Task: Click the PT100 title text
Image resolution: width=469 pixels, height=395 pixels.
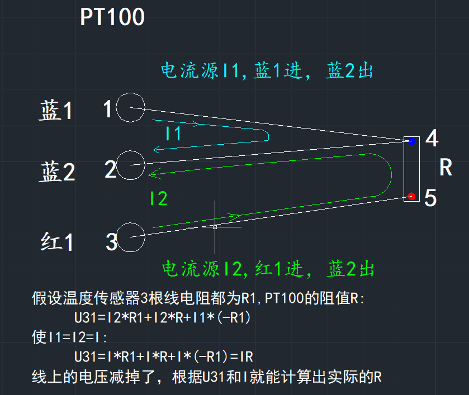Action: coord(112,17)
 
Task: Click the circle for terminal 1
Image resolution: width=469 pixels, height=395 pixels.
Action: coord(131,107)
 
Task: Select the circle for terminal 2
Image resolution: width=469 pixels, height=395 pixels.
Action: coord(131,165)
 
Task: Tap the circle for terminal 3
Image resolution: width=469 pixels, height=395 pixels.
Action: coord(131,237)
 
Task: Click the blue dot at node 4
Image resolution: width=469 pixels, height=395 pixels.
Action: coord(412,141)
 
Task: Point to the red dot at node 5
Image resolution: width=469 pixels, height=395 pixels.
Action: coord(412,196)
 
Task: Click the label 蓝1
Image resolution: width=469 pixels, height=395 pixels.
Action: coord(56,111)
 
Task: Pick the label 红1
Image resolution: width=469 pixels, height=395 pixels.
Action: coord(57,242)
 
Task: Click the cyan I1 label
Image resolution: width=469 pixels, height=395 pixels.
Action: coord(173,134)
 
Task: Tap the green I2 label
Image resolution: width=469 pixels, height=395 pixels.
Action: coord(159,198)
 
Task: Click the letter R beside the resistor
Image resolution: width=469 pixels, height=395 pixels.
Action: coord(446,168)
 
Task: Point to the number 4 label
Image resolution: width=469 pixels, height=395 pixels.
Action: coord(431,139)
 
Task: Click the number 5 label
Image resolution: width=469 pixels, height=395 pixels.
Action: coord(430,198)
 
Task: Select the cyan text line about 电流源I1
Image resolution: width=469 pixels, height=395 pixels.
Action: coord(267,72)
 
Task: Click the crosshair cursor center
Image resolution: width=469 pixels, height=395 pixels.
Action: coord(215,227)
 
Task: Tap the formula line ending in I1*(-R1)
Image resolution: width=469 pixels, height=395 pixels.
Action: coord(163,318)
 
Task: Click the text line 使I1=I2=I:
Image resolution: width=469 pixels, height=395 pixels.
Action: coord(69,337)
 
